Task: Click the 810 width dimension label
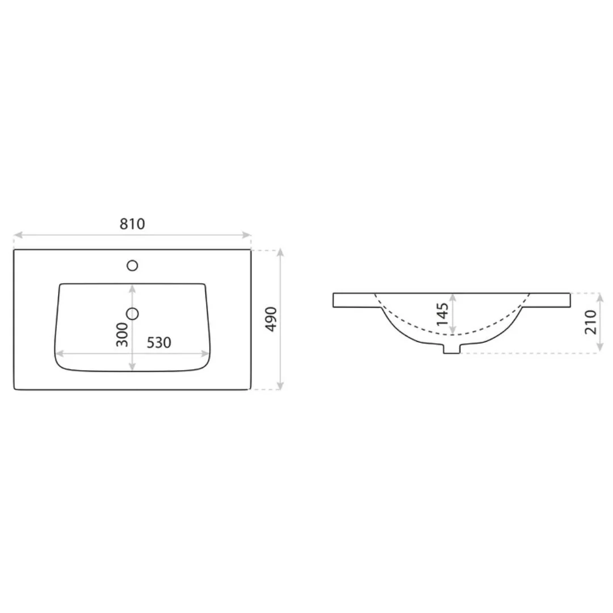tap(132, 224)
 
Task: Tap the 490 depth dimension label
tap(271, 320)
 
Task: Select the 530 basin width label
tap(159, 343)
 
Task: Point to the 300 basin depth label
tap(122, 335)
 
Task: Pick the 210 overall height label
tap(591, 322)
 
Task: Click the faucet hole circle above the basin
tap(133, 265)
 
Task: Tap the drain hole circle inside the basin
tap(133, 313)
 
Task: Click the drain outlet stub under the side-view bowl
tap(451, 348)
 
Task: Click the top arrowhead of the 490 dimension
tap(280, 253)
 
